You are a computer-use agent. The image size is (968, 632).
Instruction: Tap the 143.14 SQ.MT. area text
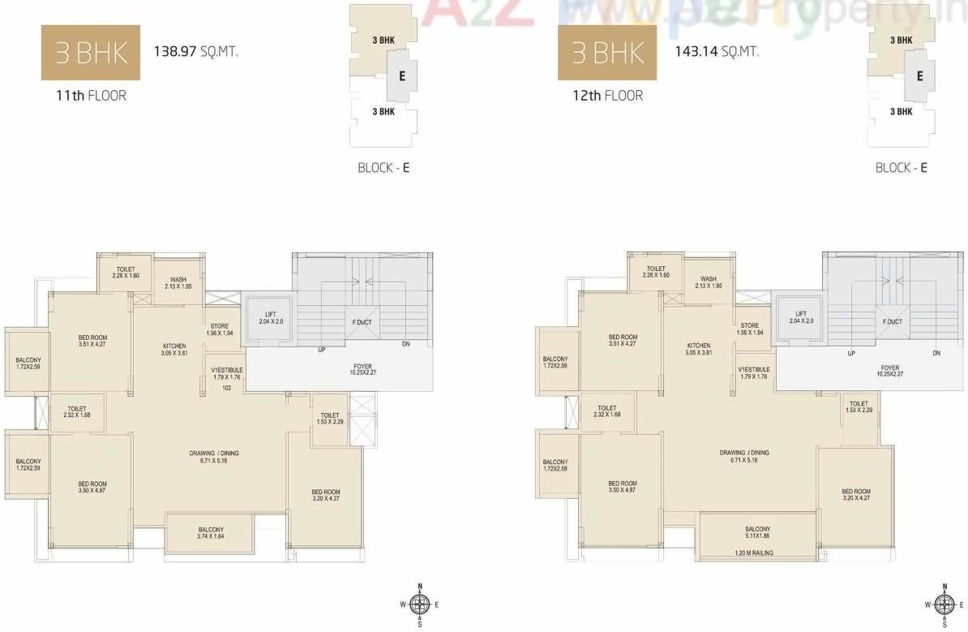(x=717, y=52)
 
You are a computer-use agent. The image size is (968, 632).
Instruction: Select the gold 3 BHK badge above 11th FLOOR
(x=91, y=53)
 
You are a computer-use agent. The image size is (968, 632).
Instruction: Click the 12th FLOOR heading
(x=607, y=96)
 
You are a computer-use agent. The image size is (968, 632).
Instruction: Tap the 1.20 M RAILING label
(x=751, y=552)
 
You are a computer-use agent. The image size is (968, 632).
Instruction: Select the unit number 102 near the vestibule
(x=228, y=388)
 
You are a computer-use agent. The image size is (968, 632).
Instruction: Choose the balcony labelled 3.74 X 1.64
(x=210, y=533)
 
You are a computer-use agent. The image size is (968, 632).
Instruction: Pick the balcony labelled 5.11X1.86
(x=757, y=532)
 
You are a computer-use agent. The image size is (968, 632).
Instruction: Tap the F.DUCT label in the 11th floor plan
(x=362, y=322)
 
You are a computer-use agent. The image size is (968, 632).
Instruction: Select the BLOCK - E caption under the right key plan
(x=901, y=168)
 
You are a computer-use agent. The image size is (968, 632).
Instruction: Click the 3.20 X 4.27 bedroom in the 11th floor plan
(x=326, y=496)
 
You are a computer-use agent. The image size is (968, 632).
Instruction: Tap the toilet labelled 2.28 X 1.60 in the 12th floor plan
(x=656, y=272)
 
